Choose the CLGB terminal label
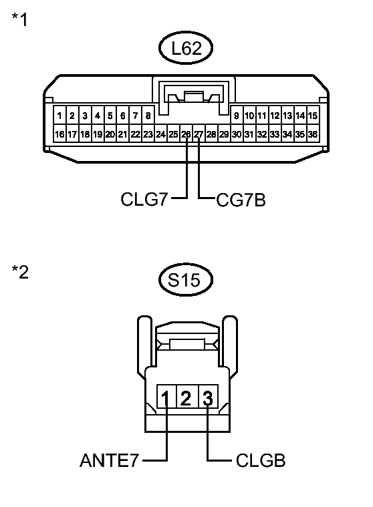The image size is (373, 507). (x=260, y=461)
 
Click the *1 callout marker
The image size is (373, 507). (x=20, y=20)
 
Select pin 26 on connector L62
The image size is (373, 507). (x=186, y=134)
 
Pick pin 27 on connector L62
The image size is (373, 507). (x=199, y=134)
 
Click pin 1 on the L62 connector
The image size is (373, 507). (x=60, y=116)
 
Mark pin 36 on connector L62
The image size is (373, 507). (x=312, y=134)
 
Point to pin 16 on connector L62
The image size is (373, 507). (x=60, y=134)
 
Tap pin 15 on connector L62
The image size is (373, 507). (x=312, y=116)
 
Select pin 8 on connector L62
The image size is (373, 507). (x=148, y=116)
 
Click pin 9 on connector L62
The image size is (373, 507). (x=237, y=116)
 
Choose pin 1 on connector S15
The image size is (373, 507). (x=165, y=399)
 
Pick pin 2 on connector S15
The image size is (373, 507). (x=186, y=399)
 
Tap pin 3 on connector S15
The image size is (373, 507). (x=208, y=399)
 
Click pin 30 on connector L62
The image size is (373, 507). (x=237, y=134)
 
